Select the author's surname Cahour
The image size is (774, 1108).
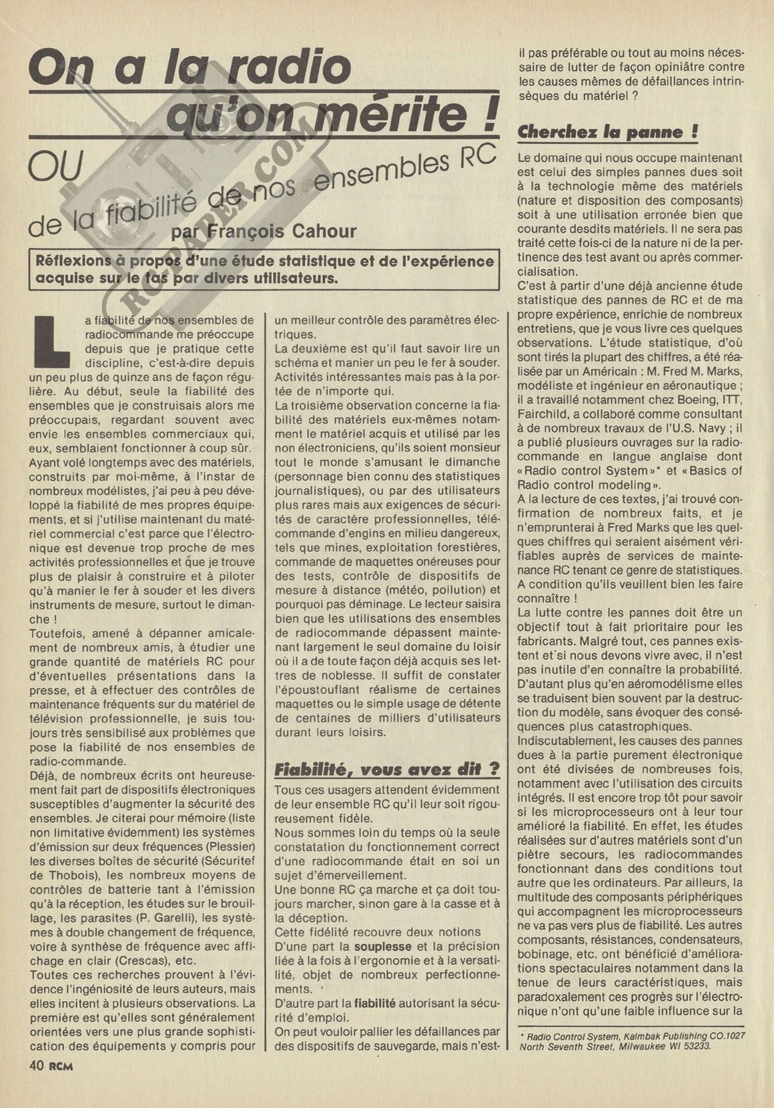point(319,231)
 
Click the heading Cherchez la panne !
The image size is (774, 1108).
point(608,131)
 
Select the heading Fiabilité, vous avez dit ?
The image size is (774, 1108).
point(387,769)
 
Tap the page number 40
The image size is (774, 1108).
point(37,1065)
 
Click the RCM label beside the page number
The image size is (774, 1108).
point(61,1066)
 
